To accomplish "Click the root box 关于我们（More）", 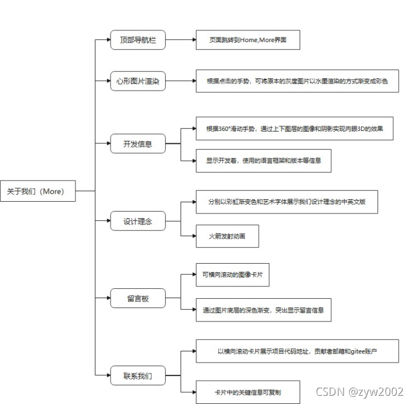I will tap(38, 191).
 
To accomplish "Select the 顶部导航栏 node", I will tap(138, 40).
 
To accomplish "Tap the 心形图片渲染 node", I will tap(138, 81).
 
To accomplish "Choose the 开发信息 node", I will tap(138, 144).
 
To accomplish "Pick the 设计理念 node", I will tap(138, 222).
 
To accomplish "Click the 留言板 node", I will tap(138, 298).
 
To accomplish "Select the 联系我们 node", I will tap(138, 375).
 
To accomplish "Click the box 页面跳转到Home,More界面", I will tap(248, 41).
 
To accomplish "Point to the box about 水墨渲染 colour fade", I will tap(297, 81).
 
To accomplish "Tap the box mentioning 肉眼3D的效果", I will tap(294, 129).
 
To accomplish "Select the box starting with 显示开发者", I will tap(263, 160).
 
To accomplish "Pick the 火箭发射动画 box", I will tap(227, 237).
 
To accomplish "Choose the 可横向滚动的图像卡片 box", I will tap(232, 275).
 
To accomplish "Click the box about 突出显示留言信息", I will tap(263, 310).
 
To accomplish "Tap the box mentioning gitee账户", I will tap(297, 351).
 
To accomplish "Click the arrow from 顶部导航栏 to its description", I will tap(180, 40).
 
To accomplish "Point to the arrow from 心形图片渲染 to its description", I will tap(180, 81).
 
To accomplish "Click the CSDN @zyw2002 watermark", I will tap(359, 391).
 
